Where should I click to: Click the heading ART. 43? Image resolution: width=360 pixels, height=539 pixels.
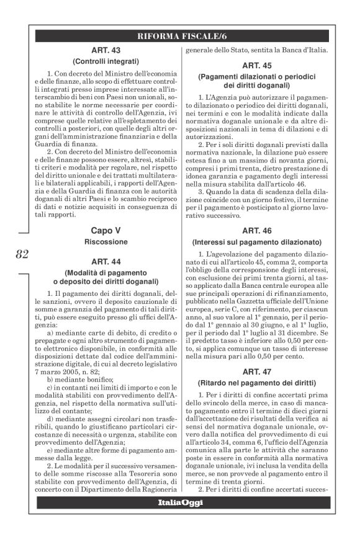tap(104, 50)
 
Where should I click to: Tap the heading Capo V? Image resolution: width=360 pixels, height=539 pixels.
tap(104, 230)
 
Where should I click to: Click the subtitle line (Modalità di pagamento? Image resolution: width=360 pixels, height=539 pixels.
tap(104, 273)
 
